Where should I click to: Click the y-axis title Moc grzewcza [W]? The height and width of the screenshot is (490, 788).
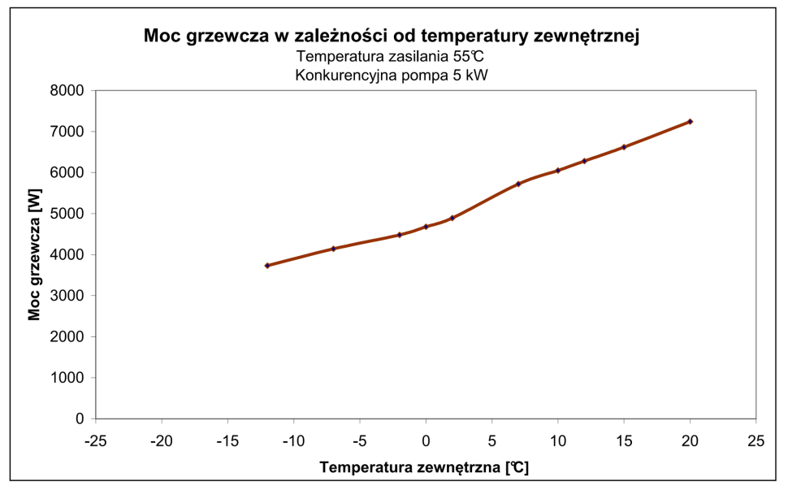click(34, 255)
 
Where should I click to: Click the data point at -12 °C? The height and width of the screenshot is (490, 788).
click(267, 266)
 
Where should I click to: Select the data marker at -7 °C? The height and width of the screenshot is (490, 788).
click(333, 249)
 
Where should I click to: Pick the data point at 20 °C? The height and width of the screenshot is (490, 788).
click(690, 121)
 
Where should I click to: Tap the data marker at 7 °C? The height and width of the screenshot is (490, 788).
click(518, 184)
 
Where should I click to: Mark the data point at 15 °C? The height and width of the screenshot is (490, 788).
click(624, 147)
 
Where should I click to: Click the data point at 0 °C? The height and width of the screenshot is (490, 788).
click(426, 227)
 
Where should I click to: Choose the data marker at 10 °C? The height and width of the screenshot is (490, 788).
click(558, 171)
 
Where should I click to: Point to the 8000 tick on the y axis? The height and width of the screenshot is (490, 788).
click(68, 91)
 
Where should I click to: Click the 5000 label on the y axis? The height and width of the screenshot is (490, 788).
click(68, 214)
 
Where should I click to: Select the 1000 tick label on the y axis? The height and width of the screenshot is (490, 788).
click(68, 378)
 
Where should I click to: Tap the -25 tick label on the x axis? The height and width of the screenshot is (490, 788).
click(95, 440)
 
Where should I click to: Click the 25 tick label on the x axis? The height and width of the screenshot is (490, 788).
click(756, 440)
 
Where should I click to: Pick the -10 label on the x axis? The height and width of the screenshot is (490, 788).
click(293, 440)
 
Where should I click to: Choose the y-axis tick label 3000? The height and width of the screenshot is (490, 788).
click(68, 296)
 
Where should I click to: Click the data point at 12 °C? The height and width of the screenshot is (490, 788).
click(584, 161)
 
